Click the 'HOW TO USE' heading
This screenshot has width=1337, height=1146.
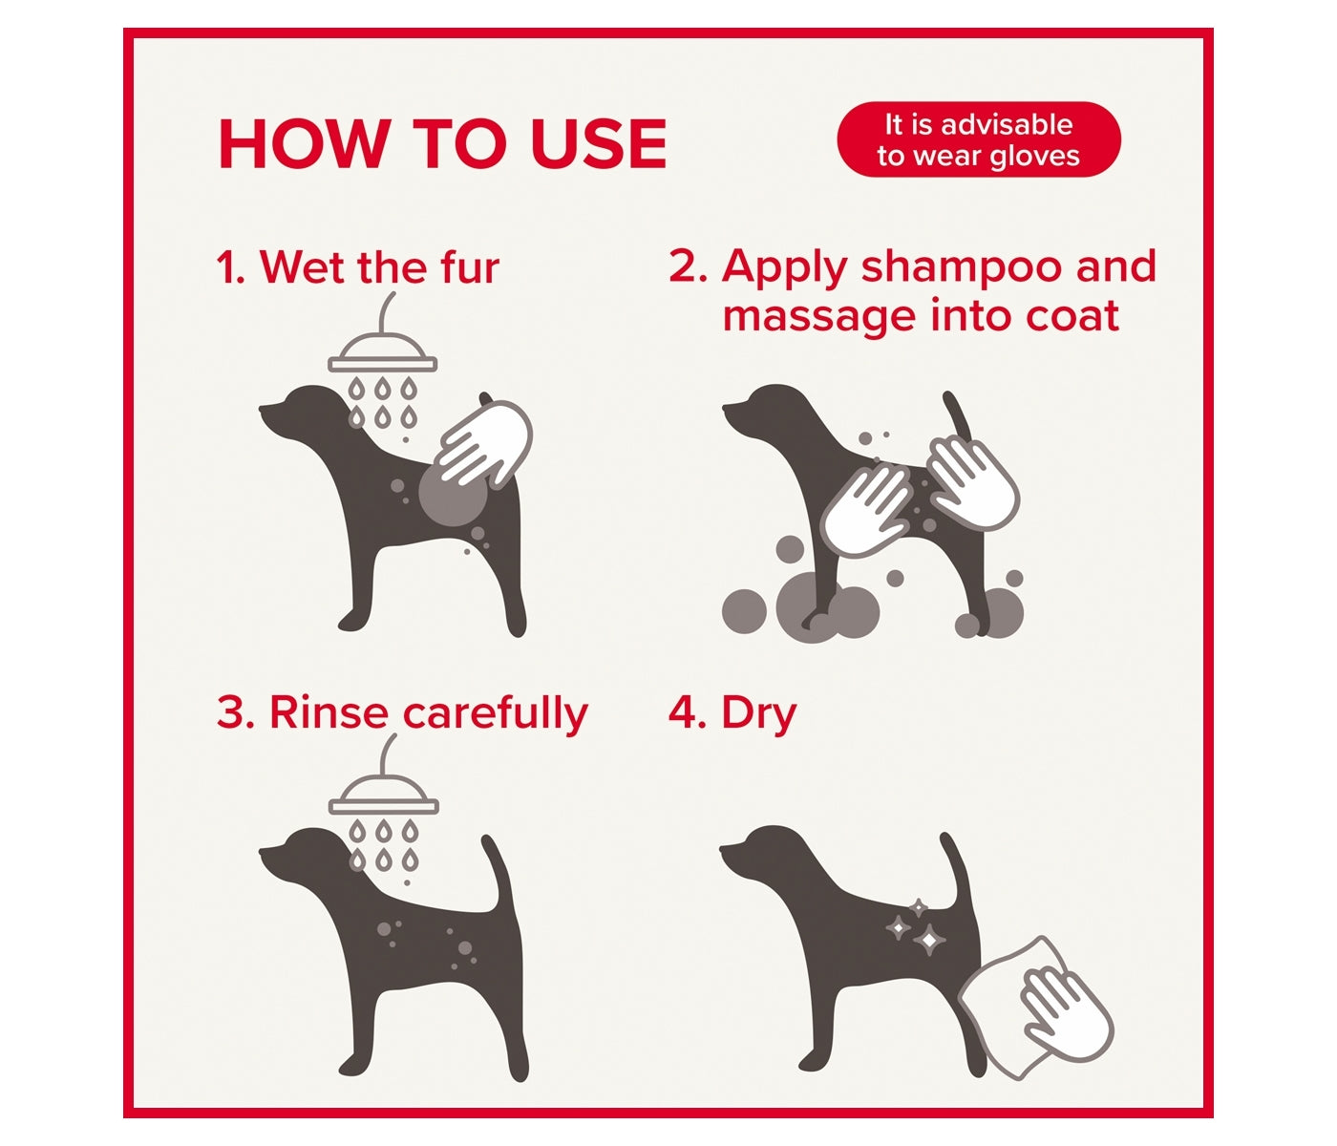pyautogui.click(x=442, y=144)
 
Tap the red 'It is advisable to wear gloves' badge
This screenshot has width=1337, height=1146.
pyautogui.click(x=978, y=139)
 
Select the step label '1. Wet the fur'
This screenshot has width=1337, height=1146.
pyautogui.click(x=357, y=266)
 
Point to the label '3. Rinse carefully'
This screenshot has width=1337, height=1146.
pyautogui.click(x=401, y=712)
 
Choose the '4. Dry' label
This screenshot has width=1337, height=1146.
pyautogui.click(x=732, y=712)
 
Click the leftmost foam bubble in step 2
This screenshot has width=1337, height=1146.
pyautogui.click(x=744, y=610)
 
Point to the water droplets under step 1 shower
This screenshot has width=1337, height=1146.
pyautogui.click(x=383, y=401)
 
